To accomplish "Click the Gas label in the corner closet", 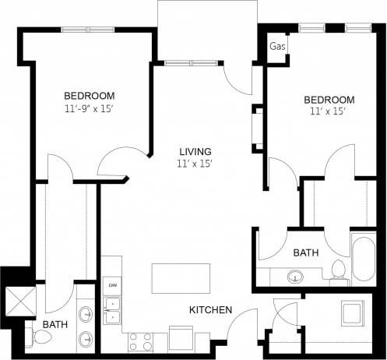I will click(276, 47).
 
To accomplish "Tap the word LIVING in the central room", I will click(194, 151).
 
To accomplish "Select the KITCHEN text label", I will click(210, 310).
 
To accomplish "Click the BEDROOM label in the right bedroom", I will click(329, 100).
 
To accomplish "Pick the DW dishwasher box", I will click(113, 284).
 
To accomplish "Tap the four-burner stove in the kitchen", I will click(140, 341).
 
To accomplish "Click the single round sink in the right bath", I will click(297, 276).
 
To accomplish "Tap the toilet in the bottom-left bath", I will click(40, 337).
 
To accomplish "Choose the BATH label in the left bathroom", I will click(55, 323).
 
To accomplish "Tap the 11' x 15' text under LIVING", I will click(194, 164).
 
